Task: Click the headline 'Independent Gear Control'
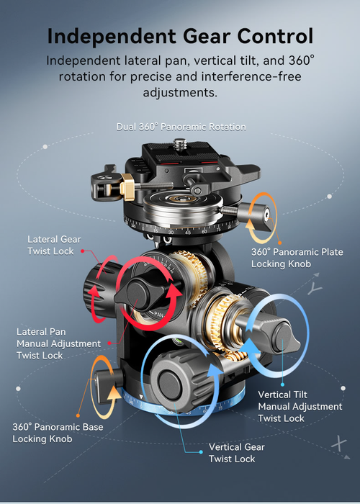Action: pos(180,36)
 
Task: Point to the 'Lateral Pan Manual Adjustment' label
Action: pos(59,343)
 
